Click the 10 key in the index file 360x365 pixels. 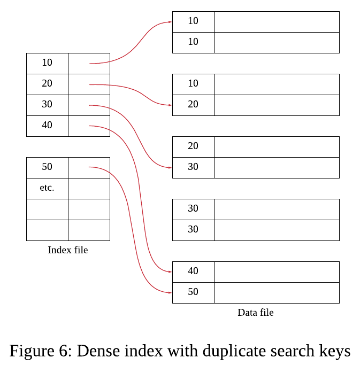pyautogui.click(x=47, y=63)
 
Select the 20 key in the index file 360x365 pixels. pyautogui.click(x=47, y=83)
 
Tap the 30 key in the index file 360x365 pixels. pyautogui.click(x=47, y=104)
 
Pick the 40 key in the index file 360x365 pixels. pyautogui.click(x=47, y=125)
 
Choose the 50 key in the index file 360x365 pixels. pyautogui.click(x=47, y=167)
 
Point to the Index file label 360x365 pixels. pyautogui.click(x=68, y=250)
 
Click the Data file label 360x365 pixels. pyautogui.click(x=256, y=313)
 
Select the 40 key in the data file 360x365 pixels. pyautogui.click(x=193, y=271)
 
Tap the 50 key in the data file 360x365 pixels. pyautogui.click(x=193, y=292)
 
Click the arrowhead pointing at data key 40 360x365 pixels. pyautogui.click(x=170, y=271)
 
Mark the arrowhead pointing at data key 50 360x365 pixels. pyautogui.click(x=170, y=293)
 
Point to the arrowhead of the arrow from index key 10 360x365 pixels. pyautogui.click(x=170, y=22)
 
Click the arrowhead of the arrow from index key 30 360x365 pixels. pyautogui.click(x=170, y=168)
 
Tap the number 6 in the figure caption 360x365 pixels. pyautogui.click(x=63, y=351)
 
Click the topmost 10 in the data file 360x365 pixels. pyautogui.click(x=193, y=21)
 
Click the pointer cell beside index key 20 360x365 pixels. pyautogui.click(x=89, y=84)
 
